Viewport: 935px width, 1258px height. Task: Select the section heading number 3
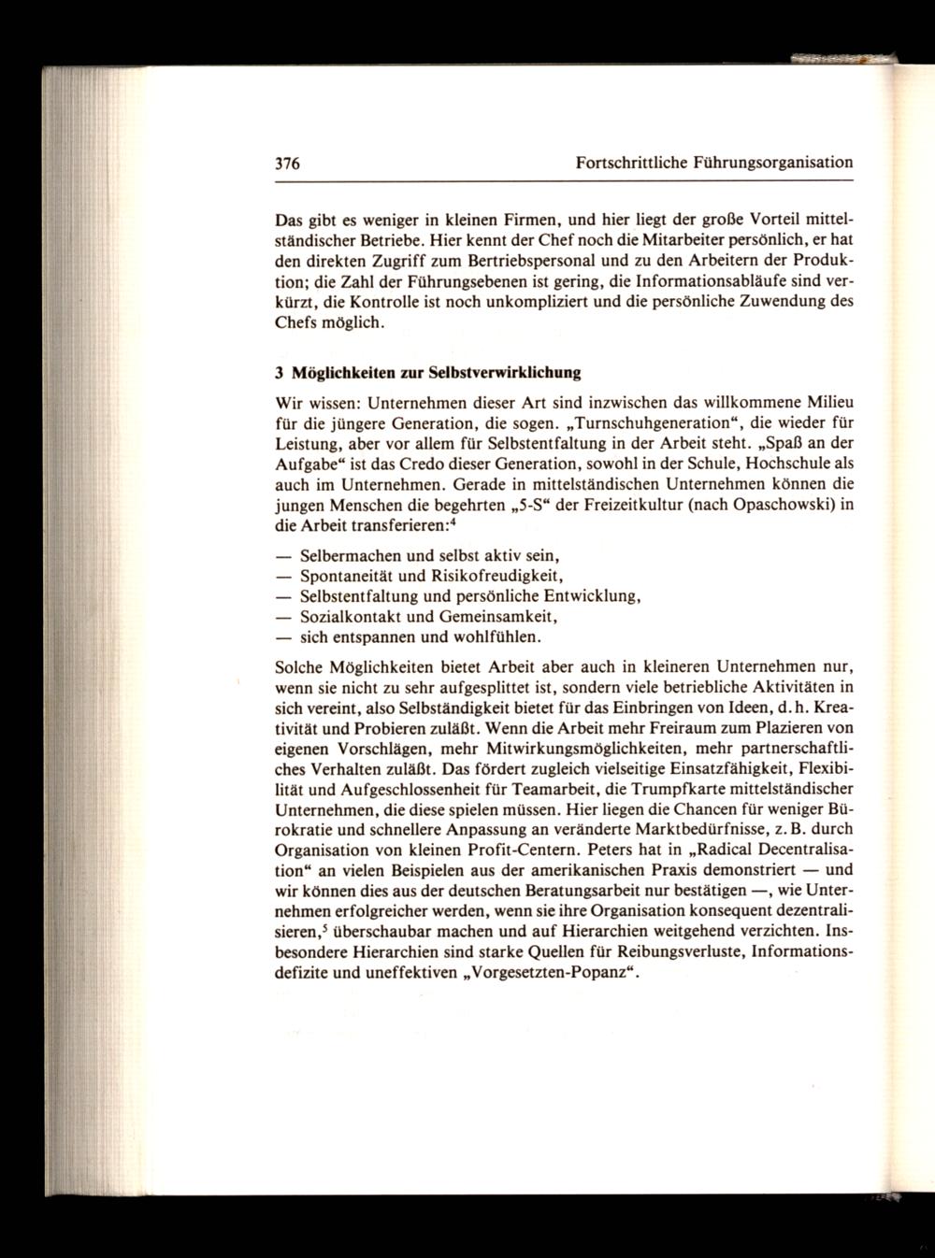(280, 373)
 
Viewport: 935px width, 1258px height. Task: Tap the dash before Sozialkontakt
(283, 617)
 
